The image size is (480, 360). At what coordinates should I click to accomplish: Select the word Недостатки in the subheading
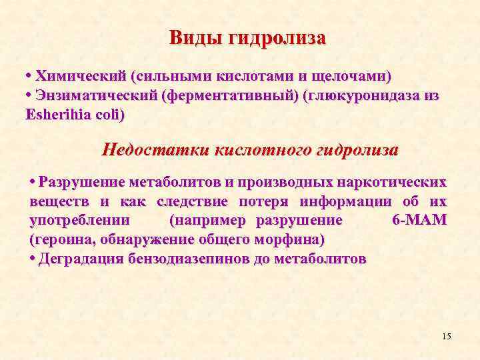click(155, 149)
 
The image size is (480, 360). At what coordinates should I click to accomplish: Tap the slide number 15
click(446, 336)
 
